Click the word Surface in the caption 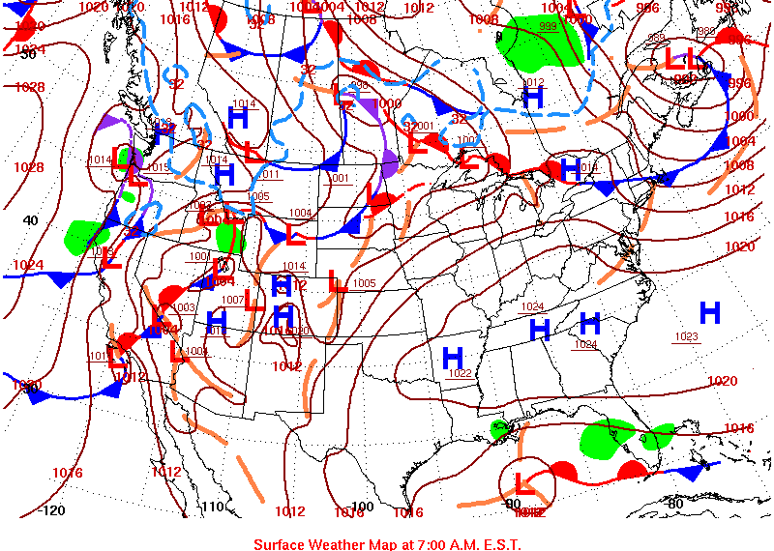pos(281,544)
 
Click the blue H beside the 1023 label pos(710,312)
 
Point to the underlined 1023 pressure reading pos(686,336)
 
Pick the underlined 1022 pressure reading pos(460,373)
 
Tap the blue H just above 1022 pos(452,359)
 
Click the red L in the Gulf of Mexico pos(524,482)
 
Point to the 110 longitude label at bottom pos(212,507)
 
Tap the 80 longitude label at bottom pos(676,504)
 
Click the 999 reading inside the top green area pos(548,26)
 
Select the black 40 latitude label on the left pos(30,220)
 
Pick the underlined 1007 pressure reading pos(233,300)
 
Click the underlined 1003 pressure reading pos(184,307)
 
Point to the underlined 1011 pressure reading pos(270,175)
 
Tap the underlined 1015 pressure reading pos(159,167)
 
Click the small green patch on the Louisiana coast pos(500,428)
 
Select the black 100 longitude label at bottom pos(362,507)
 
